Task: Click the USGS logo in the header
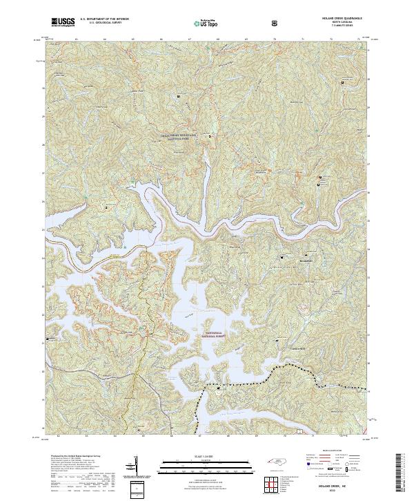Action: [x=63, y=23]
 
